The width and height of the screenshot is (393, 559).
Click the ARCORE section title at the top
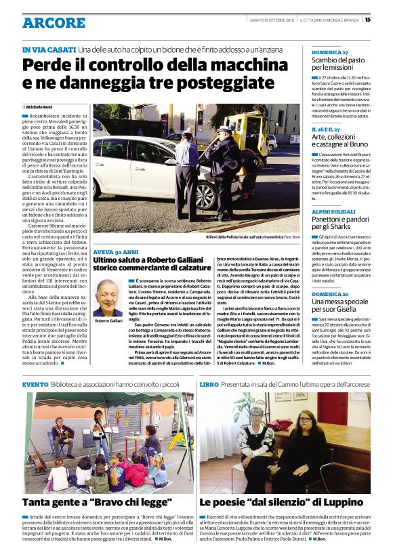click(54, 24)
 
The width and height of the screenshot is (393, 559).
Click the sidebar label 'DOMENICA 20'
click(329, 293)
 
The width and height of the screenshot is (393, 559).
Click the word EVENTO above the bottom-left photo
click(35, 384)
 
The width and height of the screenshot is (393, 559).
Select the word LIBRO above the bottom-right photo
click(209, 384)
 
